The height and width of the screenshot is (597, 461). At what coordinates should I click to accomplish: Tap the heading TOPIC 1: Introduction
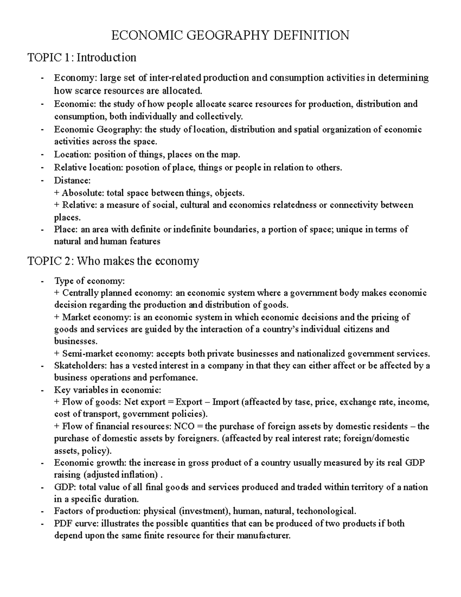(82, 58)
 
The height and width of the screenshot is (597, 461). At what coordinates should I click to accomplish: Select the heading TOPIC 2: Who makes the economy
(113, 261)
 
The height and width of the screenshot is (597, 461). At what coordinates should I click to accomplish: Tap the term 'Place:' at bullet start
(66, 229)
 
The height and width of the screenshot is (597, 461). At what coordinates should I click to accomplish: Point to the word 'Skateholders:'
(81, 366)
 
